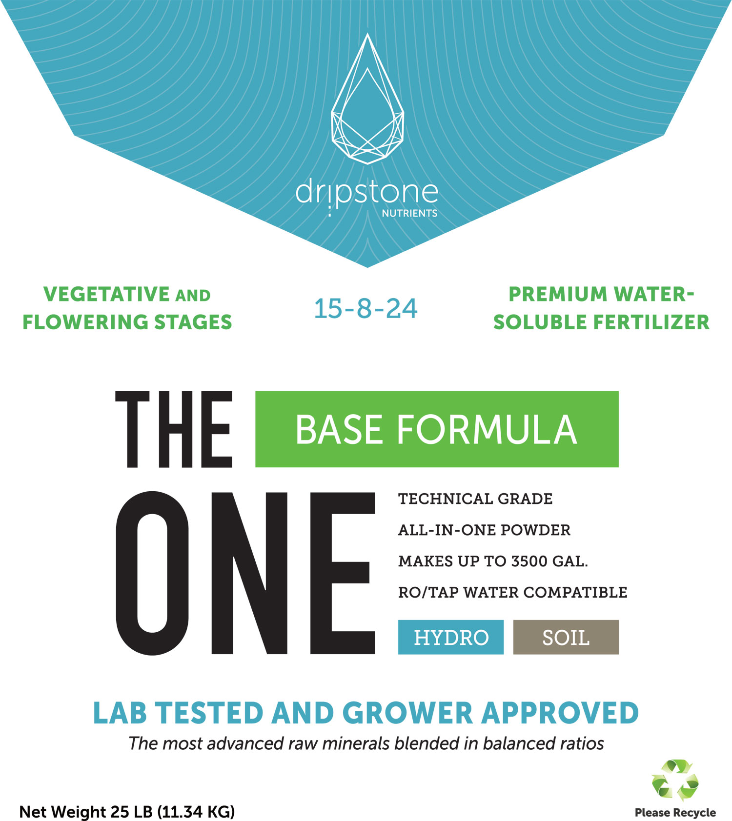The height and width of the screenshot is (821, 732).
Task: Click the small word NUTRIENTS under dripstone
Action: (409, 213)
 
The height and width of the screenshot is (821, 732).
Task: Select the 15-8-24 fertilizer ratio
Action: (366, 309)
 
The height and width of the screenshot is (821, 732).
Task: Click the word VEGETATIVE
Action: (106, 294)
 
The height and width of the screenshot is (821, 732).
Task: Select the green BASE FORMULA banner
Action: (437, 429)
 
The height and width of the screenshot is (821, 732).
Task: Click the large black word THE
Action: (174, 429)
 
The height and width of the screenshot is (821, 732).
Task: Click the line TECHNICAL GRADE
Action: (475, 499)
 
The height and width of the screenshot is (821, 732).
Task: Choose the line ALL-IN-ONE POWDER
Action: (484, 530)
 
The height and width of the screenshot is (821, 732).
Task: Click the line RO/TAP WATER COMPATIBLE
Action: (513, 592)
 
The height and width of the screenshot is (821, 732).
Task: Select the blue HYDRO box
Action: (451, 637)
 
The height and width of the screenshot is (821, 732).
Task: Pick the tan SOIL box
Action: (566, 637)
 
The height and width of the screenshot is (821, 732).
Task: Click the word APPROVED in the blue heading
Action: (560, 713)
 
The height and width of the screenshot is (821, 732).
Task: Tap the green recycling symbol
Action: (675, 780)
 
